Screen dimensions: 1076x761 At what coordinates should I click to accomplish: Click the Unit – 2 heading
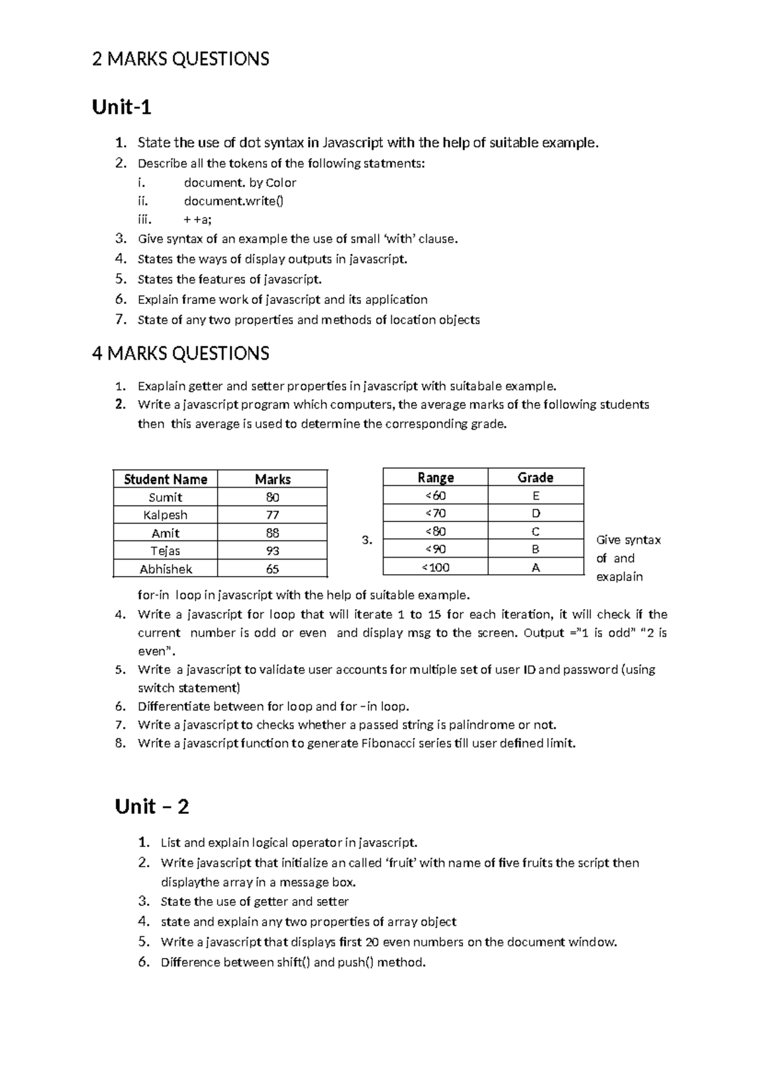152,806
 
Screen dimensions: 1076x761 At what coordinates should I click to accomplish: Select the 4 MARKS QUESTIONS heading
181,353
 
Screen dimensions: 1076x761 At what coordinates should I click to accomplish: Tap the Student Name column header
166,479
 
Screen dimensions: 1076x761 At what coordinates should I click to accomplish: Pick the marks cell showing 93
273,551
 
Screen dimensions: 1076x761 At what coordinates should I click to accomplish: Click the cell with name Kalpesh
166,515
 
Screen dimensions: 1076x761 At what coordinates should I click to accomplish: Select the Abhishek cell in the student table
166,569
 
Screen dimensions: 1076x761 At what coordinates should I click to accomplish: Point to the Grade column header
535,477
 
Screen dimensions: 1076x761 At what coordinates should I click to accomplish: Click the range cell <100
436,567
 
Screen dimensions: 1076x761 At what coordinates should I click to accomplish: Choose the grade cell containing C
535,531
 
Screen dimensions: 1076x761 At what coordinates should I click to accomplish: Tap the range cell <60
436,495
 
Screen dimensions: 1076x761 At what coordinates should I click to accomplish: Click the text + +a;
198,220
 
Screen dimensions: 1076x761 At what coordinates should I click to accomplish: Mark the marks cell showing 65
273,569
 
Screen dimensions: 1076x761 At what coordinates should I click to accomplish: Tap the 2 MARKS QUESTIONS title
181,59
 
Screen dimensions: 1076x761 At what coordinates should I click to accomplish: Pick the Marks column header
273,479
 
